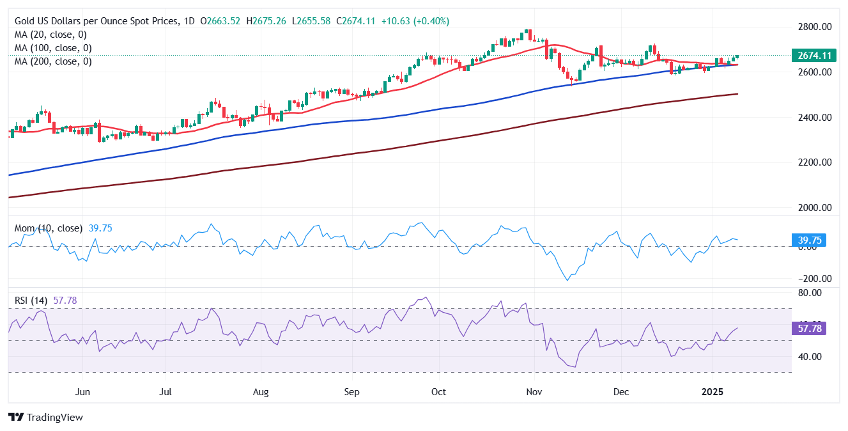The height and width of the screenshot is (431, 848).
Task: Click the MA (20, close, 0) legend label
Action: [50, 35]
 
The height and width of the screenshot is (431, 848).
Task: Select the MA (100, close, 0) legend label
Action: [53, 48]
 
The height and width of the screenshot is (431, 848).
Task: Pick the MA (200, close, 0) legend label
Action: [53, 61]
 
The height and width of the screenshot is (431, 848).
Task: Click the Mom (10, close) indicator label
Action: [47, 228]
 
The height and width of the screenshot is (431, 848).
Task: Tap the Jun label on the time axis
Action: [82, 390]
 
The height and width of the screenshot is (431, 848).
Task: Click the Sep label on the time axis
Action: [351, 390]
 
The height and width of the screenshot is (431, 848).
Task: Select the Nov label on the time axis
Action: [535, 390]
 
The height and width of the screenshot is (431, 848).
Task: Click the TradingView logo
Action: [45, 418]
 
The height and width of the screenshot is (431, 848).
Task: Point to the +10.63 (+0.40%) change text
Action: [415, 21]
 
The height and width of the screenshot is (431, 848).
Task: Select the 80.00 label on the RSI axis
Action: [815, 293]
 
